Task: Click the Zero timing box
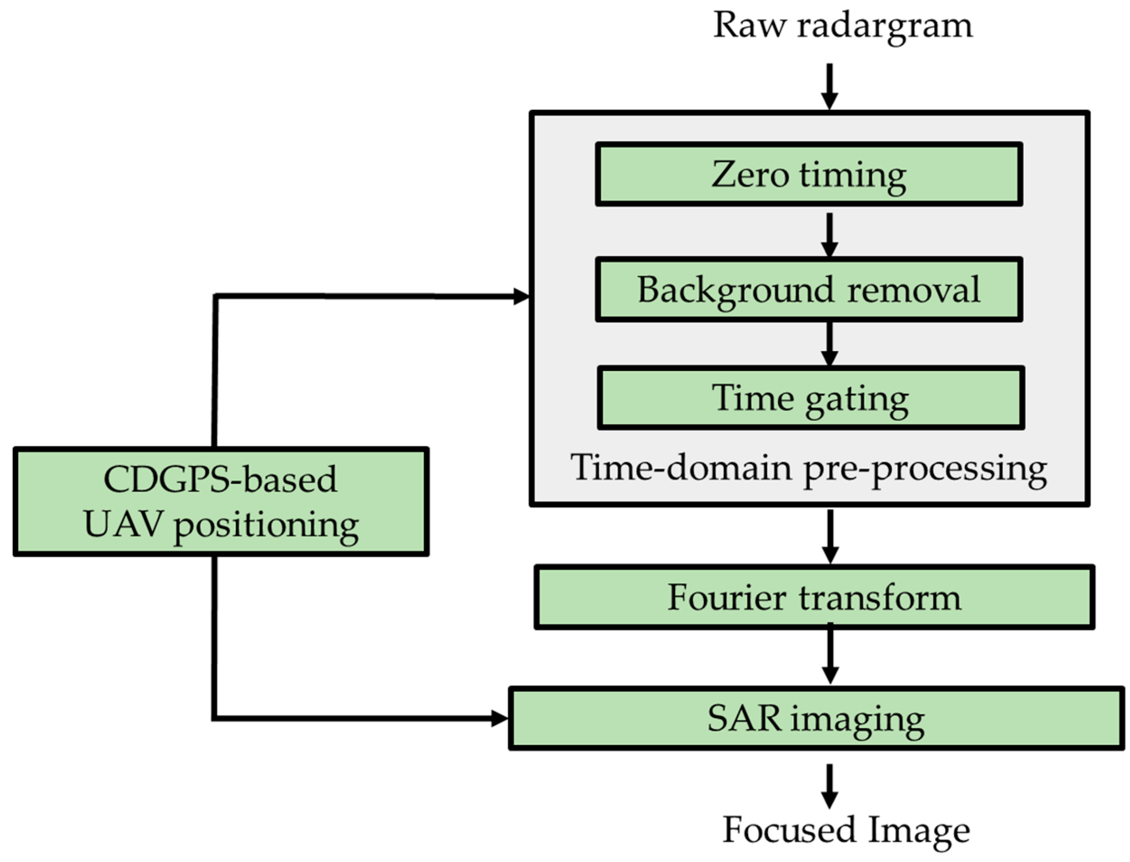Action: (x=808, y=175)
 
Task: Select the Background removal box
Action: (x=808, y=290)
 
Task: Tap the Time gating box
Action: (x=811, y=398)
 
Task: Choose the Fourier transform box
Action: (x=814, y=597)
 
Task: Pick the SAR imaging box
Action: (x=816, y=718)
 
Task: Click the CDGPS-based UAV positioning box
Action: (x=221, y=501)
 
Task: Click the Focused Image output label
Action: (x=846, y=830)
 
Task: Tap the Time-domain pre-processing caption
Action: (x=808, y=468)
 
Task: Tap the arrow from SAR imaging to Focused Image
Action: (x=829, y=787)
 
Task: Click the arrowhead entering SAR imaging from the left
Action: (x=499, y=718)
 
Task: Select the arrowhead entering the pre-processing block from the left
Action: (x=521, y=297)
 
